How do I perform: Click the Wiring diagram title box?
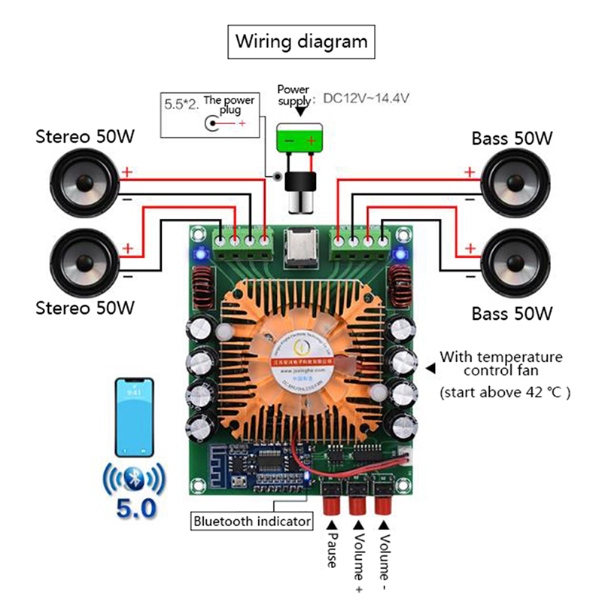[302, 41]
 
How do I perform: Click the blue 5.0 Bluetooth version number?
[135, 507]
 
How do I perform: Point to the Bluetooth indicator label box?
[251, 520]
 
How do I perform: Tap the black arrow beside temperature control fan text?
[430, 368]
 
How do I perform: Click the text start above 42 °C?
[505, 392]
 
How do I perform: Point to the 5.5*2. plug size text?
[181, 105]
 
